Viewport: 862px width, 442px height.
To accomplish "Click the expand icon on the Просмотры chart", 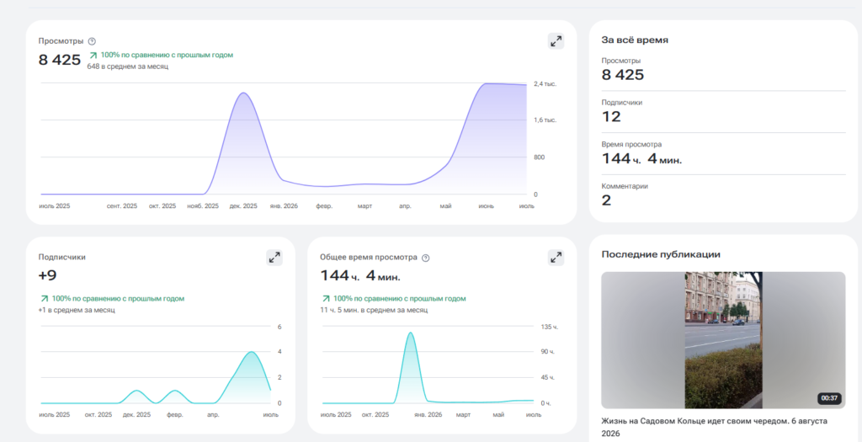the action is coord(556,41).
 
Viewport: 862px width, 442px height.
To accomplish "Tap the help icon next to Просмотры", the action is coord(92,41).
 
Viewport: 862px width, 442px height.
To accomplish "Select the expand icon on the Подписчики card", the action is coord(274,258).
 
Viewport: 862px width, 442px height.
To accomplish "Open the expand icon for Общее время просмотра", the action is coord(556,258).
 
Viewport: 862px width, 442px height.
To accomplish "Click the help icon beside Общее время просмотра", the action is coord(425,258).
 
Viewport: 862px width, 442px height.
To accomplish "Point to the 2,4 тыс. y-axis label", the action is coord(545,84).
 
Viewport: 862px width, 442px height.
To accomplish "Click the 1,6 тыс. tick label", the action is coord(545,120).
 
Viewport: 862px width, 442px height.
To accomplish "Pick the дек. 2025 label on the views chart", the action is coord(243,206).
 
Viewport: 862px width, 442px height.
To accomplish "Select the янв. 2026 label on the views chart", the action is coord(284,206).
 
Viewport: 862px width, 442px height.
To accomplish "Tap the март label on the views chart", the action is coord(364,206).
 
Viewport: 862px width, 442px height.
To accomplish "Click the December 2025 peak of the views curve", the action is coord(243,93).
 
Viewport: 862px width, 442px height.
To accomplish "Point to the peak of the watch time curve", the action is coord(410,333).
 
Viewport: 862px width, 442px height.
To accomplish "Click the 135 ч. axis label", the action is coord(549,328).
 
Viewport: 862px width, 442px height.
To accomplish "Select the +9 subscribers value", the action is coord(48,275).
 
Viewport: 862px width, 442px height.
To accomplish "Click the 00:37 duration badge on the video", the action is coord(829,398).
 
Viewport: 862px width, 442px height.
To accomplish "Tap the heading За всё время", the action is coord(635,40).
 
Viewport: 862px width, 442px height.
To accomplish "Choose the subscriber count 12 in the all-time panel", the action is coord(611,116).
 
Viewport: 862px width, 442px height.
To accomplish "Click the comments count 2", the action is coord(606,200).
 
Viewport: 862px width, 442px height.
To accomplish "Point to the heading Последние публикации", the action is coord(661,254).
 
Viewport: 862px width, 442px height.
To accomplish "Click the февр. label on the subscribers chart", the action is coord(175,414).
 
